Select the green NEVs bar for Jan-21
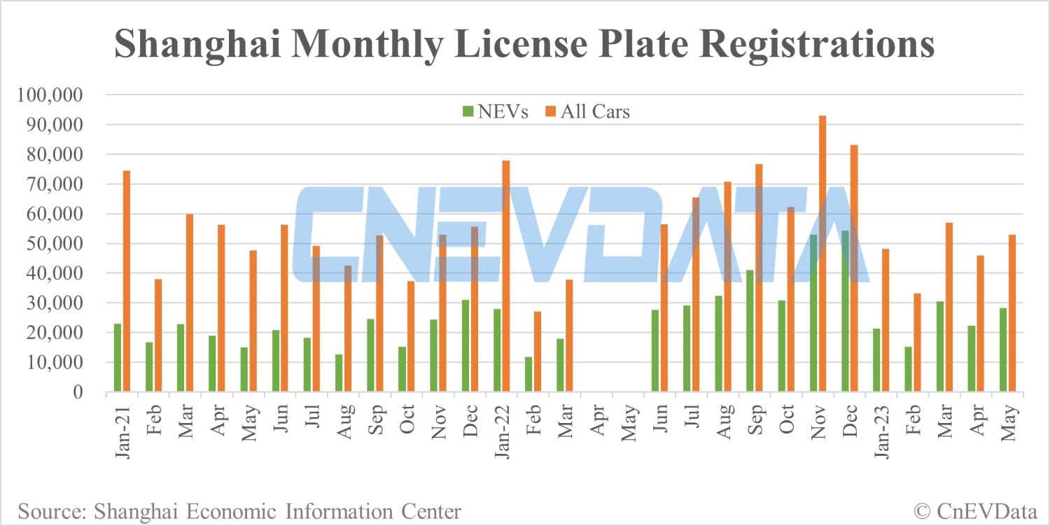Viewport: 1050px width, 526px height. [117, 357]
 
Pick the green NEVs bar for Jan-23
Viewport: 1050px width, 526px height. [876, 360]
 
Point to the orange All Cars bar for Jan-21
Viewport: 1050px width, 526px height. [127, 281]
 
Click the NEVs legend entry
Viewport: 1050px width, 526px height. [496, 111]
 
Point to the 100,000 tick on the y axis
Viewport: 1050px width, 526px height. [54, 95]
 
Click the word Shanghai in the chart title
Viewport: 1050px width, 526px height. [194, 44]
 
